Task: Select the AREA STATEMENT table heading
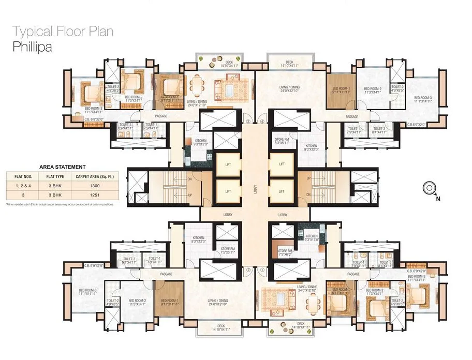click(62, 167)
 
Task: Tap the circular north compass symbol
click(429, 188)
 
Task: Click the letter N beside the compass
click(437, 198)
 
